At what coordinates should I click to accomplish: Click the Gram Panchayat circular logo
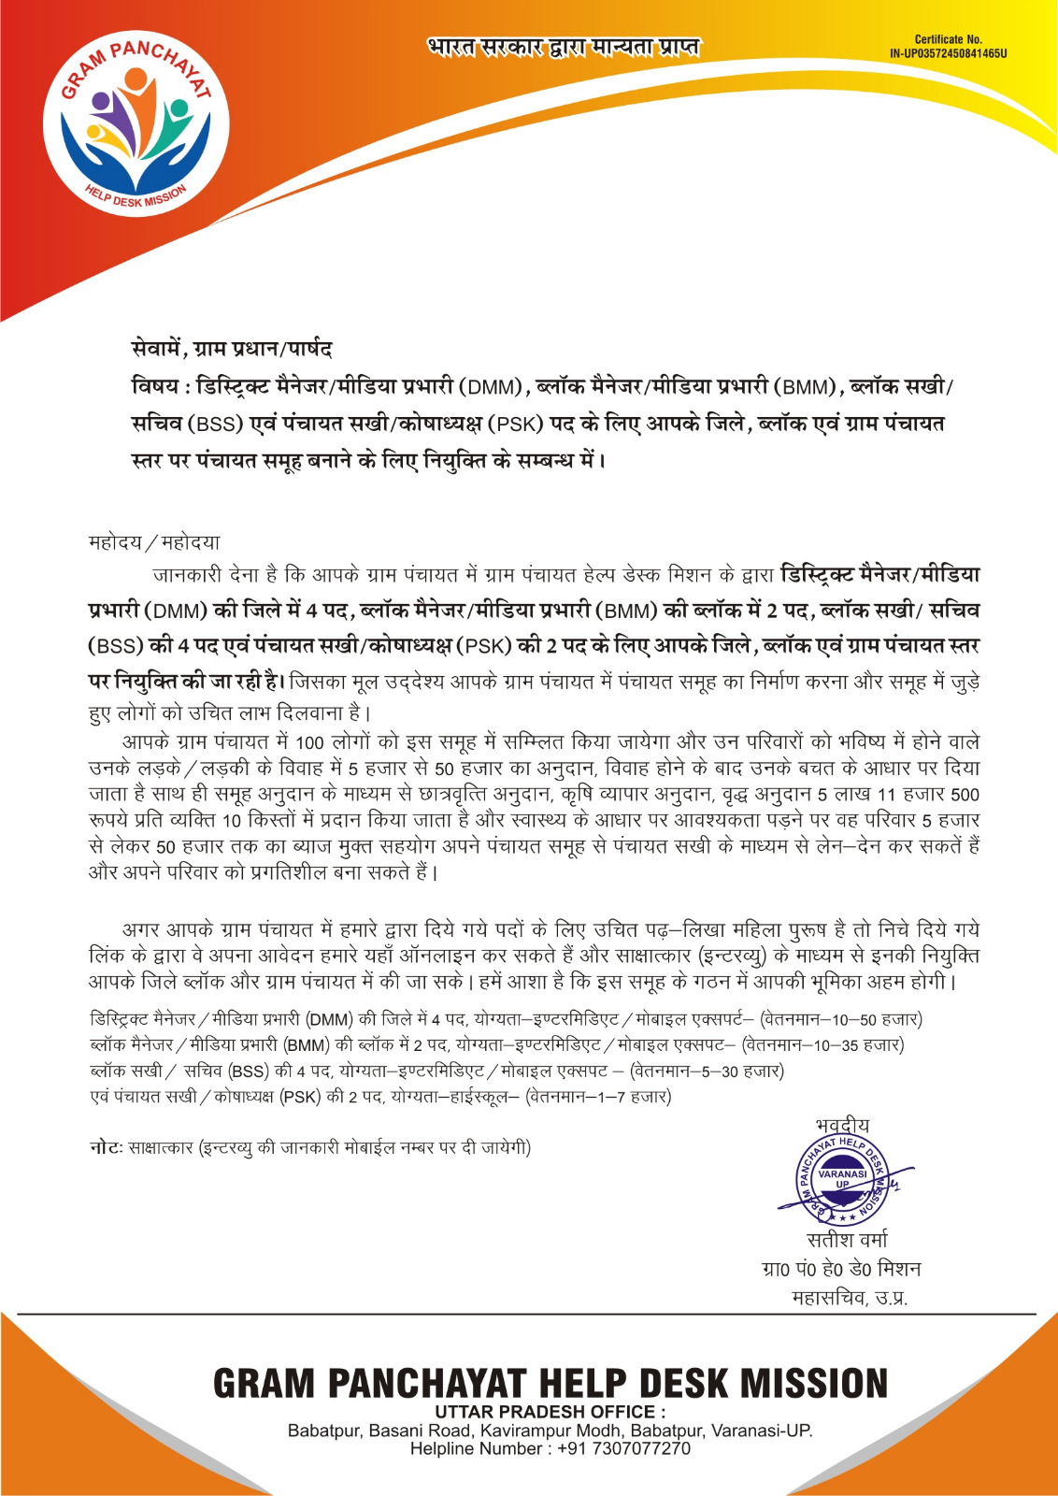click(136, 127)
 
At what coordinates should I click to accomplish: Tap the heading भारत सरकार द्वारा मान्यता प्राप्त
click(563, 47)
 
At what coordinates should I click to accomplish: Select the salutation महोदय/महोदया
click(154, 542)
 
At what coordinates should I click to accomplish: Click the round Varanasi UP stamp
click(842, 1180)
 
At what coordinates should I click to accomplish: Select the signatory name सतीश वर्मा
click(847, 1240)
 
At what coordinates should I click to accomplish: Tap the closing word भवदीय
click(842, 1125)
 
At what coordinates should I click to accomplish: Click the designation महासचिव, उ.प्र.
click(850, 1298)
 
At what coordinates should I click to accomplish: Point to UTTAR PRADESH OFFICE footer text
click(550, 1412)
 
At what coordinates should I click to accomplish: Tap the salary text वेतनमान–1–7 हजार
click(598, 1097)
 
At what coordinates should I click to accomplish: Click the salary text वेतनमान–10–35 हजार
click(822, 1044)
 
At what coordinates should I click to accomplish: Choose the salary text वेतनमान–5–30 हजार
click(708, 1071)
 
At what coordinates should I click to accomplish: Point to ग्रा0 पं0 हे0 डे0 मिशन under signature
click(841, 1269)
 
